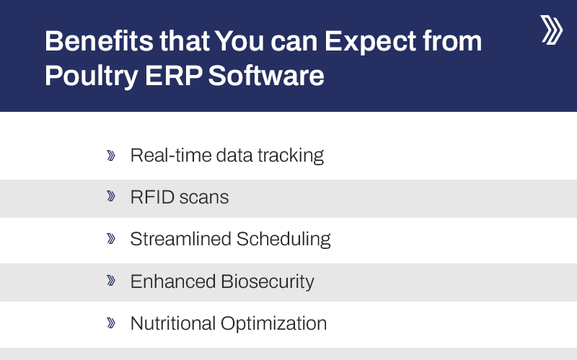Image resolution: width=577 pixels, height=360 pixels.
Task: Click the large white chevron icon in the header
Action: coord(551,30)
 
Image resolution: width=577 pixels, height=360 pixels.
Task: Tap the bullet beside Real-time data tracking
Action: coord(111,155)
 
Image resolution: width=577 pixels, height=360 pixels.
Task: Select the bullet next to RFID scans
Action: coord(111,197)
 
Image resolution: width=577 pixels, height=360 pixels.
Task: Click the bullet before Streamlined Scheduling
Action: coord(111,239)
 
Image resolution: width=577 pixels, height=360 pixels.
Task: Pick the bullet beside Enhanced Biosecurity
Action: coord(111,281)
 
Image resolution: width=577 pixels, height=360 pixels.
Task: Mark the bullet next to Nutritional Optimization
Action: coord(111,322)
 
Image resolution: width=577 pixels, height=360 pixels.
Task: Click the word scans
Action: coord(204,198)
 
